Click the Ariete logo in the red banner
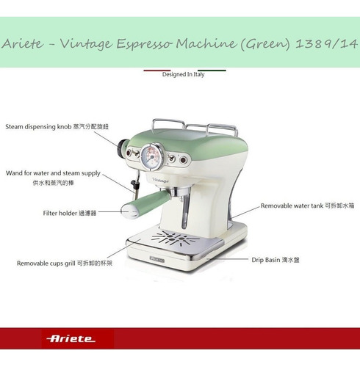[x=71, y=339]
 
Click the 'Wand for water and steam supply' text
[x=53, y=173]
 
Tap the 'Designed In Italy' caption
[x=183, y=74]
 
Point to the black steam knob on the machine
[x=122, y=148]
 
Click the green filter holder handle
[x=145, y=203]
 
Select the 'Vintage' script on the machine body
[x=161, y=181]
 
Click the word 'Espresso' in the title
[x=146, y=44]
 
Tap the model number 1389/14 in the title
[x=326, y=44]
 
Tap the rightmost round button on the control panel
[x=183, y=160]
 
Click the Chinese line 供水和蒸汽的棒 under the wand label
[x=53, y=183]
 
